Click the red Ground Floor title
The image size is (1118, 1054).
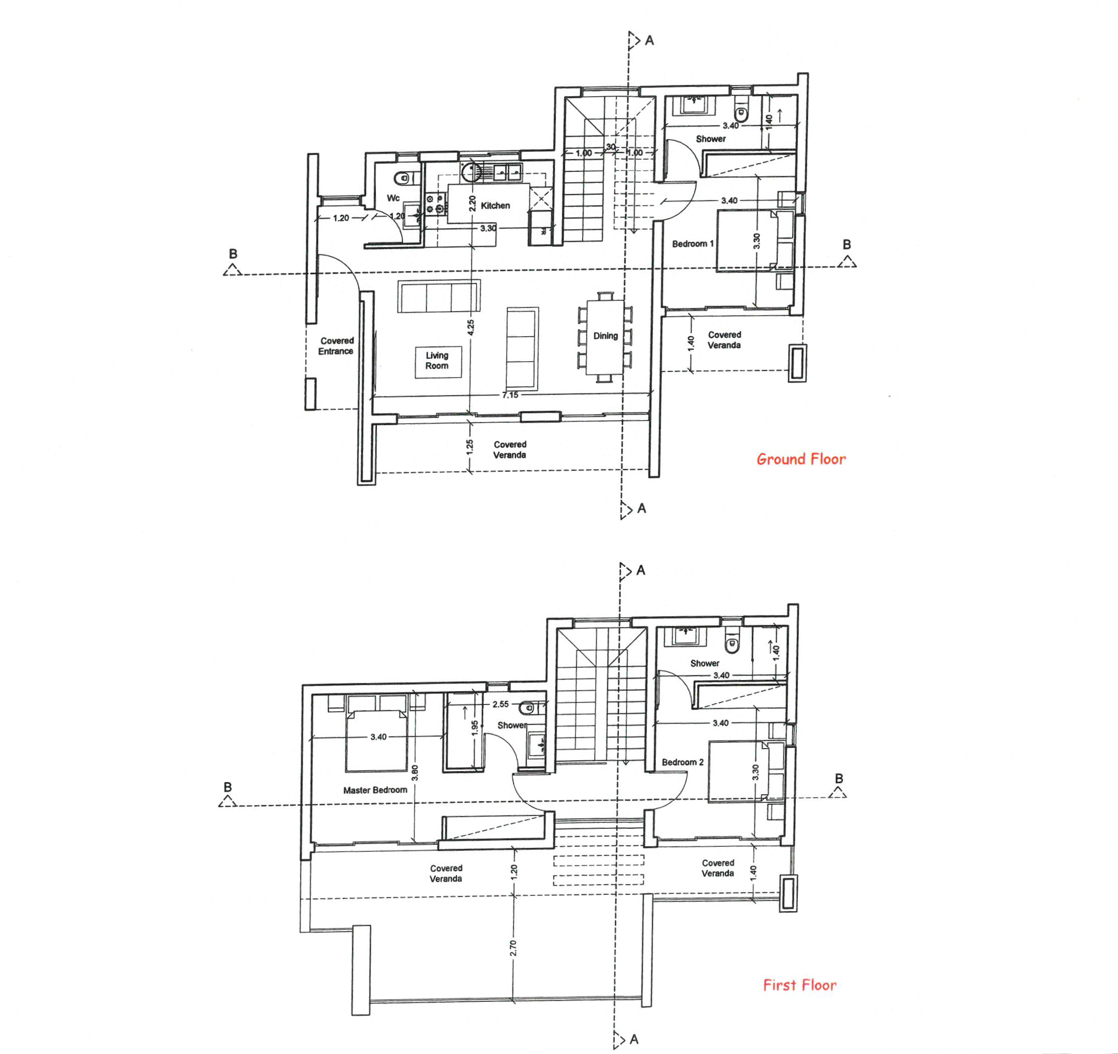coord(800,458)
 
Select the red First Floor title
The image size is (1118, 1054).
coord(799,985)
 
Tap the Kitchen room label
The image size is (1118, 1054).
coord(495,205)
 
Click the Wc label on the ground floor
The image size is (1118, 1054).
coord(393,198)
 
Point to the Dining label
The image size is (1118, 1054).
coord(605,336)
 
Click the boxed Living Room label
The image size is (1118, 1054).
coord(437,361)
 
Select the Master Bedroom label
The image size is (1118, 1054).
coord(375,790)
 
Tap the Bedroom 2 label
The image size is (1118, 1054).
coord(682,762)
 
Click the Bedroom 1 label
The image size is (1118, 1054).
coord(692,244)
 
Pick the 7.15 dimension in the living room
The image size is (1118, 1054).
coord(510,395)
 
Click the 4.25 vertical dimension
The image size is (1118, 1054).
coord(471,327)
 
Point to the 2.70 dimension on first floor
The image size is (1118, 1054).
coord(513,948)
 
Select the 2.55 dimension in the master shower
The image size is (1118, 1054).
coord(500,704)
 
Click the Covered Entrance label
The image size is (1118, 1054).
coord(337,345)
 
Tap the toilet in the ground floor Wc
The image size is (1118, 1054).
coord(403,179)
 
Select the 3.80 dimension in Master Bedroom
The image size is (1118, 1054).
coord(414,773)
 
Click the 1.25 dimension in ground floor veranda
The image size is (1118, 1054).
coord(469,447)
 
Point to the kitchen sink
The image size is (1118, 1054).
coord(508,171)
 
